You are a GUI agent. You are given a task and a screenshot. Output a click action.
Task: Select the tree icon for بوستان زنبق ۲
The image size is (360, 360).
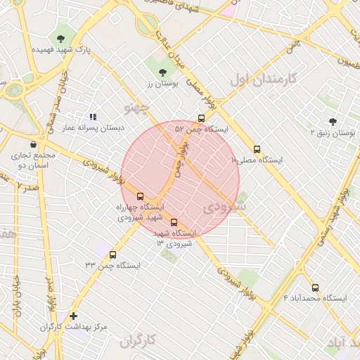point(333,121)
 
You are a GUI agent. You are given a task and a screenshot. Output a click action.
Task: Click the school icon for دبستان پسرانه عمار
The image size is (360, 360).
point(92,117)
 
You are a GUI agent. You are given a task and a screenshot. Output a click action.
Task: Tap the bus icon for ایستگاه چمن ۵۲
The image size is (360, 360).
point(202,118)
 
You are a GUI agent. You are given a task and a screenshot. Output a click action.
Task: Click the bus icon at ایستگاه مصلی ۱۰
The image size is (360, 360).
point(257,149)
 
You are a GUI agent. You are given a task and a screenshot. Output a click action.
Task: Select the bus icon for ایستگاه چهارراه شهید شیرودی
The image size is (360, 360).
point(140,196)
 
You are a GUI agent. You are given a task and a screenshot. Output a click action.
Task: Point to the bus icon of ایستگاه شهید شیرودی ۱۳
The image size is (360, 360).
point(174,222)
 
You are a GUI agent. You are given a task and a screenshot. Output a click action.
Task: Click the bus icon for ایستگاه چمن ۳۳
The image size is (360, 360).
point(113,255)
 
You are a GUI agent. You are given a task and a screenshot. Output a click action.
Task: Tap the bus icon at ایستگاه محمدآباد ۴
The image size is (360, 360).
point(315,288)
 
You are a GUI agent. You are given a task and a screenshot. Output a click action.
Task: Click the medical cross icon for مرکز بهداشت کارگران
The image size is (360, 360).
point(73,316)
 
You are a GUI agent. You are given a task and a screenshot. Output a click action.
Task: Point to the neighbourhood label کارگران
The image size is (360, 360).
point(136,342)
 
